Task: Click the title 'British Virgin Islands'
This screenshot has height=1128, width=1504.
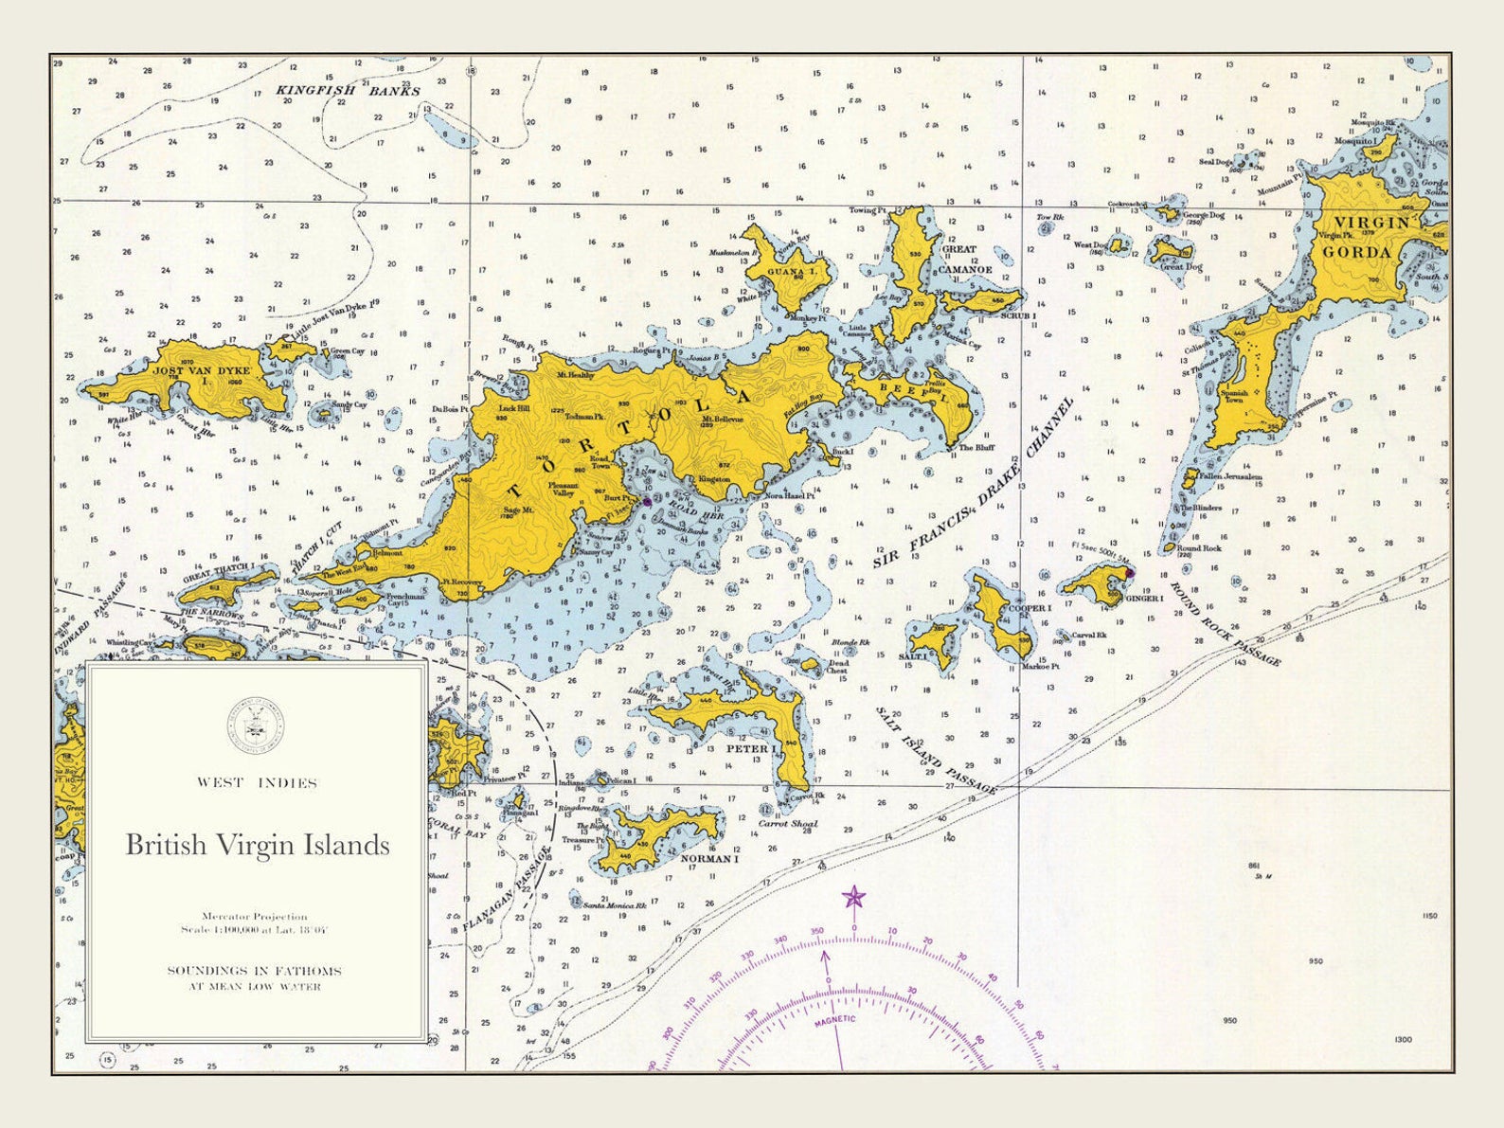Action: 258,844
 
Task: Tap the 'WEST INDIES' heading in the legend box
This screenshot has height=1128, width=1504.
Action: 257,782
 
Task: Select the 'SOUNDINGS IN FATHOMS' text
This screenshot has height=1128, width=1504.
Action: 255,971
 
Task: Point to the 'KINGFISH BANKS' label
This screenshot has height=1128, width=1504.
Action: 348,91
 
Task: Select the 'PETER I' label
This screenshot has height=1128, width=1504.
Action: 751,749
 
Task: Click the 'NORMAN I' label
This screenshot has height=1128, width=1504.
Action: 709,859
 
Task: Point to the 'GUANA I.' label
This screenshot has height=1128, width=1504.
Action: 792,273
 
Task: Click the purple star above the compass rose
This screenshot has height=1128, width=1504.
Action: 854,897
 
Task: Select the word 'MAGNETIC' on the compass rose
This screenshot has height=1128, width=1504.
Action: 834,1019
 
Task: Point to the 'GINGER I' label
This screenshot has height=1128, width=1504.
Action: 1144,599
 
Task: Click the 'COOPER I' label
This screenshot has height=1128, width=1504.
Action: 1031,608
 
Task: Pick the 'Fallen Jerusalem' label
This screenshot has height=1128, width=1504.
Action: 1230,477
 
